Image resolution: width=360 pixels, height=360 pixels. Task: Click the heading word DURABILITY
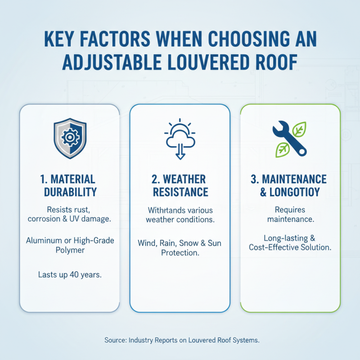click(x=70, y=192)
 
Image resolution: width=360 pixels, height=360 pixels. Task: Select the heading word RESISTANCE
click(x=180, y=192)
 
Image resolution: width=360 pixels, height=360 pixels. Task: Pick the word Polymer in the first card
click(x=70, y=250)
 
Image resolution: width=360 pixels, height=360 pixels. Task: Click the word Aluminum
click(x=44, y=241)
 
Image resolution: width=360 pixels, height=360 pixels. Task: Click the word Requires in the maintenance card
click(x=290, y=210)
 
